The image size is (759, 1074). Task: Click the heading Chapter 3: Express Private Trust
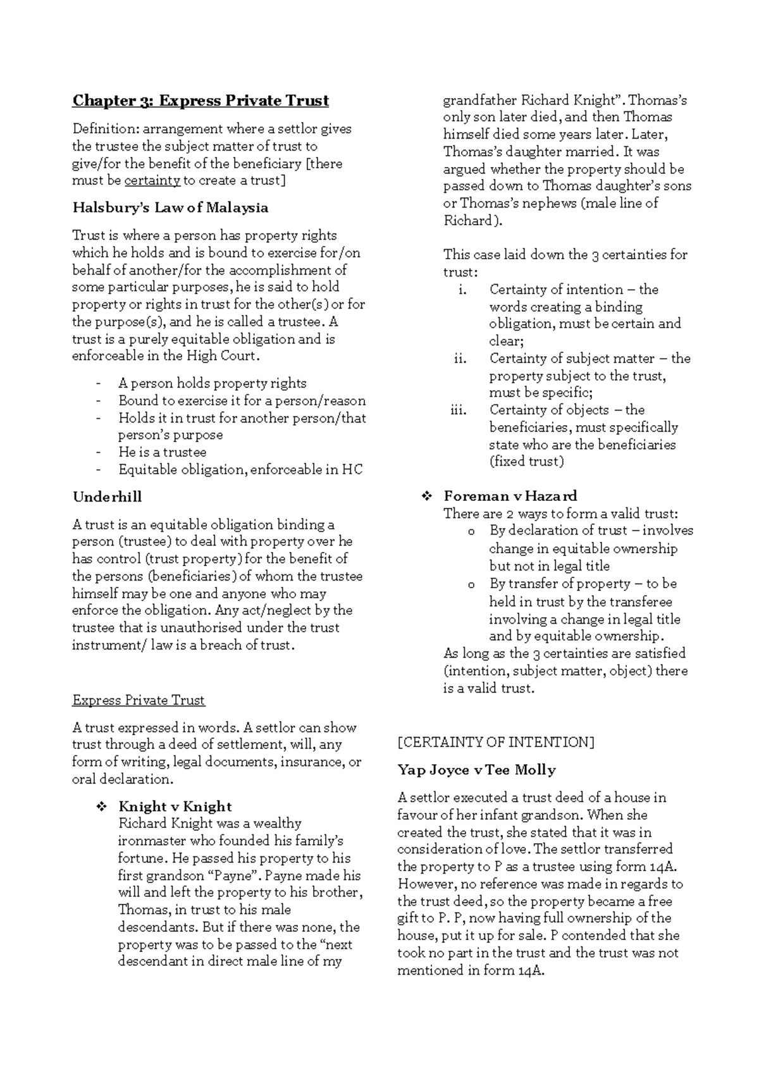pyautogui.click(x=201, y=101)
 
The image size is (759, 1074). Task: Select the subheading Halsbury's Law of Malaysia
pyautogui.click(x=170, y=208)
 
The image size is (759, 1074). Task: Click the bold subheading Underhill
pyautogui.click(x=107, y=497)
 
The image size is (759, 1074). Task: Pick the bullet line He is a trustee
pyautogui.click(x=162, y=452)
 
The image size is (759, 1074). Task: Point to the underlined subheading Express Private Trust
pyautogui.click(x=139, y=700)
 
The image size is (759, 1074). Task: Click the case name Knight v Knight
pyautogui.click(x=175, y=806)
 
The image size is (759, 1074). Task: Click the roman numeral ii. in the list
pyautogui.click(x=460, y=359)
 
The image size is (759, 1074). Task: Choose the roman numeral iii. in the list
pyautogui.click(x=459, y=410)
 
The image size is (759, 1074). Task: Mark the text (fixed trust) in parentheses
pyautogui.click(x=526, y=462)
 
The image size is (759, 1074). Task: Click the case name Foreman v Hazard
pyautogui.click(x=510, y=496)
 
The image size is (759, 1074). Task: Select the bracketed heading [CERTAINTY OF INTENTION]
pyautogui.click(x=496, y=743)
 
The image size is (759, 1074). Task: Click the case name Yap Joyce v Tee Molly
pyautogui.click(x=476, y=770)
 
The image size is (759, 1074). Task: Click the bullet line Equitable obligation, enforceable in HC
pyautogui.click(x=240, y=470)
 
